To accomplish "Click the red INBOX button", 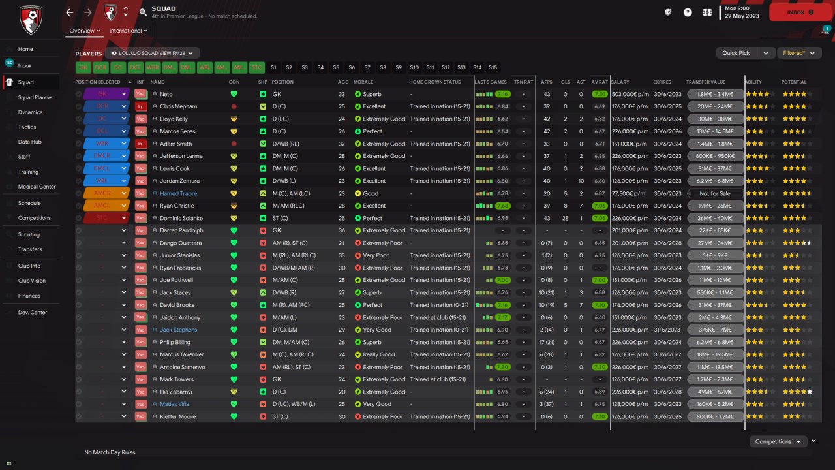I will tap(800, 12).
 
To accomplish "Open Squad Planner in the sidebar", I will tap(35, 97).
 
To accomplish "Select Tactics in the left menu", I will tap(27, 127).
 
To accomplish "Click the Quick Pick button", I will tap(736, 53).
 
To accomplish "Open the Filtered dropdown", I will tap(798, 53).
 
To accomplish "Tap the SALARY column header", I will tap(620, 82).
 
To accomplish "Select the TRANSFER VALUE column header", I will tap(705, 82).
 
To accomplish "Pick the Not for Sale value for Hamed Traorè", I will tap(714, 193).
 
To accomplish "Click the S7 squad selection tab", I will tap(367, 67).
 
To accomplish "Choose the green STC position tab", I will tap(257, 67).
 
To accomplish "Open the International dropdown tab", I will tap(128, 31).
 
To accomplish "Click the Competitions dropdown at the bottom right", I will tap(778, 441).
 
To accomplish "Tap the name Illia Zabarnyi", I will tap(175, 392).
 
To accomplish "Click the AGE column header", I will tap(343, 82).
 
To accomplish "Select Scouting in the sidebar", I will tap(29, 234).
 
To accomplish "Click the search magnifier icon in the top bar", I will tap(144, 12).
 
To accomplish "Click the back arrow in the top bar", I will tap(70, 12).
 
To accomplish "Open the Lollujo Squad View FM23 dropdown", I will tap(152, 53).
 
